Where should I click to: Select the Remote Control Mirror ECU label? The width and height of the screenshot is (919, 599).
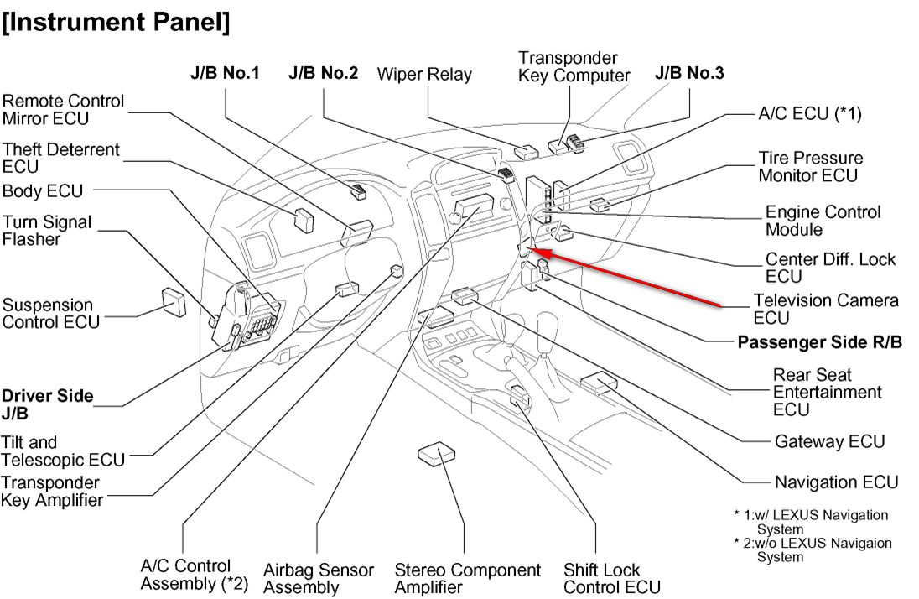coord(63,109)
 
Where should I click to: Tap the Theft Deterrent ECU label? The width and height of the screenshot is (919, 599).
coord(61,158)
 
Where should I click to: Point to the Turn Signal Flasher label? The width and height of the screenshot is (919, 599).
coord(46,231)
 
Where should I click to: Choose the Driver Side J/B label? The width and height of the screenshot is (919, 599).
coord(47,404)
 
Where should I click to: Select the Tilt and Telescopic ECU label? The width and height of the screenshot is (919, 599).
coord(63,451)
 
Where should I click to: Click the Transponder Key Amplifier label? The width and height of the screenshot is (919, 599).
coord(52,492)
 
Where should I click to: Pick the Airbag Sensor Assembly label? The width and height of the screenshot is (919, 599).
coord(318,578)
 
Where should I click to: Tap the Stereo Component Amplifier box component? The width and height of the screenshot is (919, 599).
coord(436,454)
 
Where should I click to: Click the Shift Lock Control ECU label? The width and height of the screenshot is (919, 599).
coord(612,578)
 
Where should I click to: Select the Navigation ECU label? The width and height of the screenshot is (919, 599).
coord(836,482)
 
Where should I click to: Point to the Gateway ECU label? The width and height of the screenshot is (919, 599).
coord(829,440)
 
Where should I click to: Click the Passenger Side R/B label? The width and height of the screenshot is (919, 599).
coord(819,342)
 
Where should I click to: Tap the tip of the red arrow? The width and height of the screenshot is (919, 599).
coord(535,250)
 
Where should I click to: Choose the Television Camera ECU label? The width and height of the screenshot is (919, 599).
coord(825,309)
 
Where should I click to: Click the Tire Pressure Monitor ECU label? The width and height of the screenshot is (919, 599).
coord(810,166)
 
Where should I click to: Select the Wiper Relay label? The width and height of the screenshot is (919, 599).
coord(424,74)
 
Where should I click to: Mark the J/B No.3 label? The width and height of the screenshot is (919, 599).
coord(689,73)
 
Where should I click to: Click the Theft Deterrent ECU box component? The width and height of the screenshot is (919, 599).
coord(304,219)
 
